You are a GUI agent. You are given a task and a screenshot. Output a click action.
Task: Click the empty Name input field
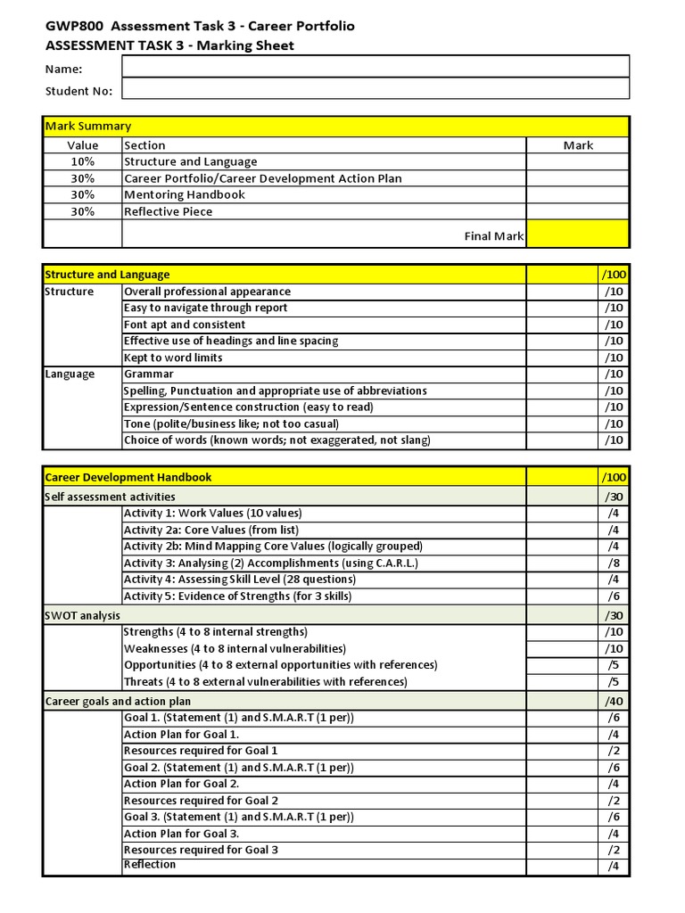click(x=375, y=67)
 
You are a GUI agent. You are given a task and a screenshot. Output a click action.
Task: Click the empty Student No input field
click(x=375, y=89)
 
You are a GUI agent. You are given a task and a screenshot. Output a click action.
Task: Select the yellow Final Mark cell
click(x=577, y=234)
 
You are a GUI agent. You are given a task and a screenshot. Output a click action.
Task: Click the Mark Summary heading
click(x=88, y=127)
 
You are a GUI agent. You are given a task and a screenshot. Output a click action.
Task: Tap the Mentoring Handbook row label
click(x=185, y=194)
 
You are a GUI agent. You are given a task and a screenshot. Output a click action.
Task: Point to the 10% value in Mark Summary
click(x=83, y=161)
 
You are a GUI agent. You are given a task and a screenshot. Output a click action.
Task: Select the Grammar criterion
click(x=149, y=374)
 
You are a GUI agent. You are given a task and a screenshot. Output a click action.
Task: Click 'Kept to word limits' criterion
click(x=174, y=358)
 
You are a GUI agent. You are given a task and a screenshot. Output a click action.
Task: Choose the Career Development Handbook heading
click(x=128, y=477)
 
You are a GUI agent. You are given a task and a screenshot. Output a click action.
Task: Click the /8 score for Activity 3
click(x=613, y=563)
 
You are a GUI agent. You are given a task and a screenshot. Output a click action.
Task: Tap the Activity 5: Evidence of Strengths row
click(x=237, y=596)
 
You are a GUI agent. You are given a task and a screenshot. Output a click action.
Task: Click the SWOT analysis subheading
click(x=82, y=615)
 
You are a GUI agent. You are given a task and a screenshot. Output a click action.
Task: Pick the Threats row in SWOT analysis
click(x=266, y=681)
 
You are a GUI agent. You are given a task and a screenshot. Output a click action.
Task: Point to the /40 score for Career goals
click(x=613, y=701)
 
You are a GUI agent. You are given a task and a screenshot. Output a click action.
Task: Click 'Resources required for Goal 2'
click(x=202, y=801)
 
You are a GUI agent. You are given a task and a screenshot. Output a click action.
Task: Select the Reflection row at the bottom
click(x=150, y=865)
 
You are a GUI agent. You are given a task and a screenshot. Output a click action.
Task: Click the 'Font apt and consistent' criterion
click(x=185, y=325)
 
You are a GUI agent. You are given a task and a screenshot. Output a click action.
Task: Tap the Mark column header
click(x=578, y=144)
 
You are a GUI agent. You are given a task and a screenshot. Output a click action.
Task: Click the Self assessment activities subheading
click(x=110, y=496)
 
